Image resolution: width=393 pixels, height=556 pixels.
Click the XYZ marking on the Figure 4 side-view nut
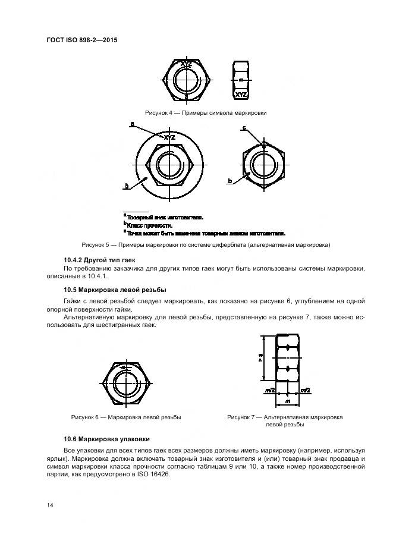click(x=241, y=95)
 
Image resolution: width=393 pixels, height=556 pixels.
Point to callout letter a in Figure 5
click(x=132, y=124)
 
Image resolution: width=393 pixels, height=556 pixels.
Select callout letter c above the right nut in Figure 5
click(x=244, y=127)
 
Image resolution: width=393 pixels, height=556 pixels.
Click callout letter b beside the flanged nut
click(x=126, y=187)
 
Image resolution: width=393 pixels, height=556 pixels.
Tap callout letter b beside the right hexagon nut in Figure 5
click(x=229, y=180)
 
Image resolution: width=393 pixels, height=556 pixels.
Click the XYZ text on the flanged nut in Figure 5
click(x=169, y=137)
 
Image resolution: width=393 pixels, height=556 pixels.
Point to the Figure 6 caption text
click(x=126, y=417)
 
